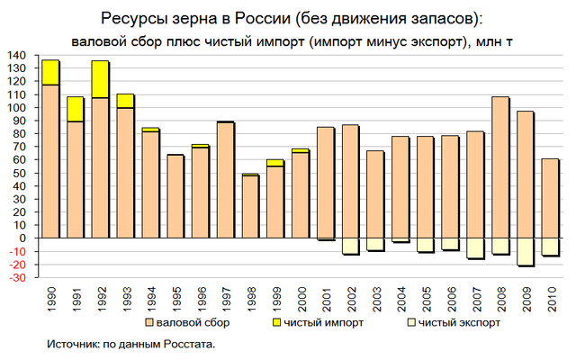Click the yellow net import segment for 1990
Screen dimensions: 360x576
coord(50,72)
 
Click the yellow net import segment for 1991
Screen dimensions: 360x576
coord(75,109)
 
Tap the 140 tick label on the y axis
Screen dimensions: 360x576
coord(16,55)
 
